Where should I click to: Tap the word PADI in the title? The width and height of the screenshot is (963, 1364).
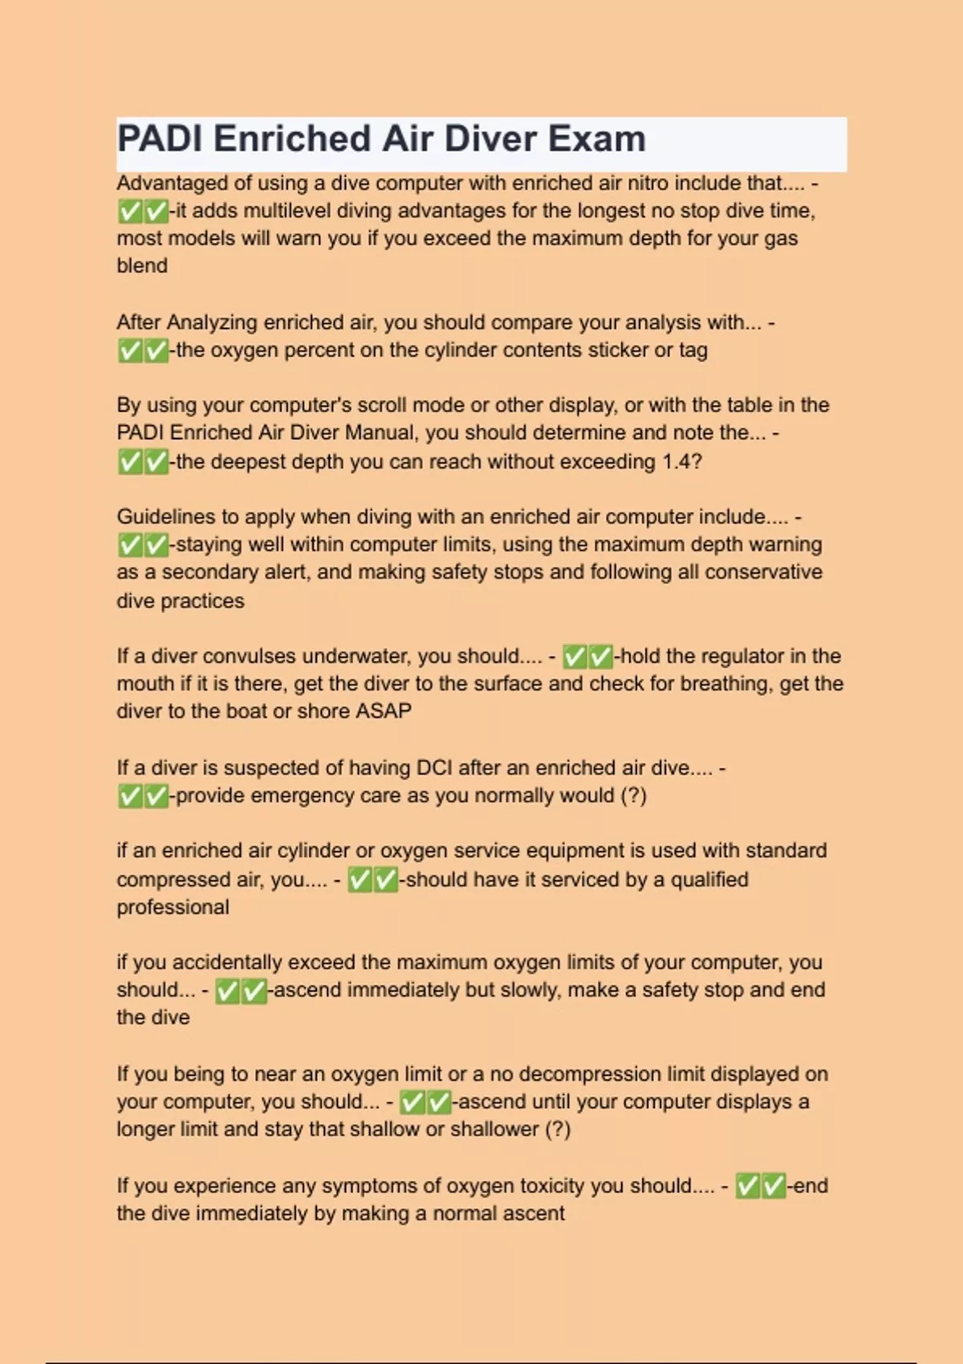tap(160, 139)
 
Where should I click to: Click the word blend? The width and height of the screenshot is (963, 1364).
tap(142, 266)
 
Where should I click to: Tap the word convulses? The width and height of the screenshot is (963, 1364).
tap(250, 656)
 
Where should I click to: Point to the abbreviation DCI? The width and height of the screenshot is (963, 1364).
tap(434, 768)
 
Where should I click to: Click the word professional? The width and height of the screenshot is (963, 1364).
tap(173, 907)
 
